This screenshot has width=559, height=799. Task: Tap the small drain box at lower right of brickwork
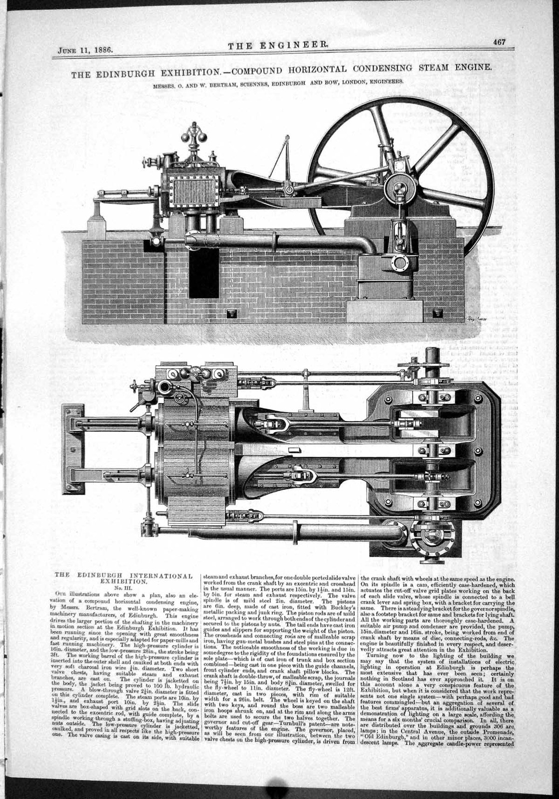[x=438, y=313]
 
